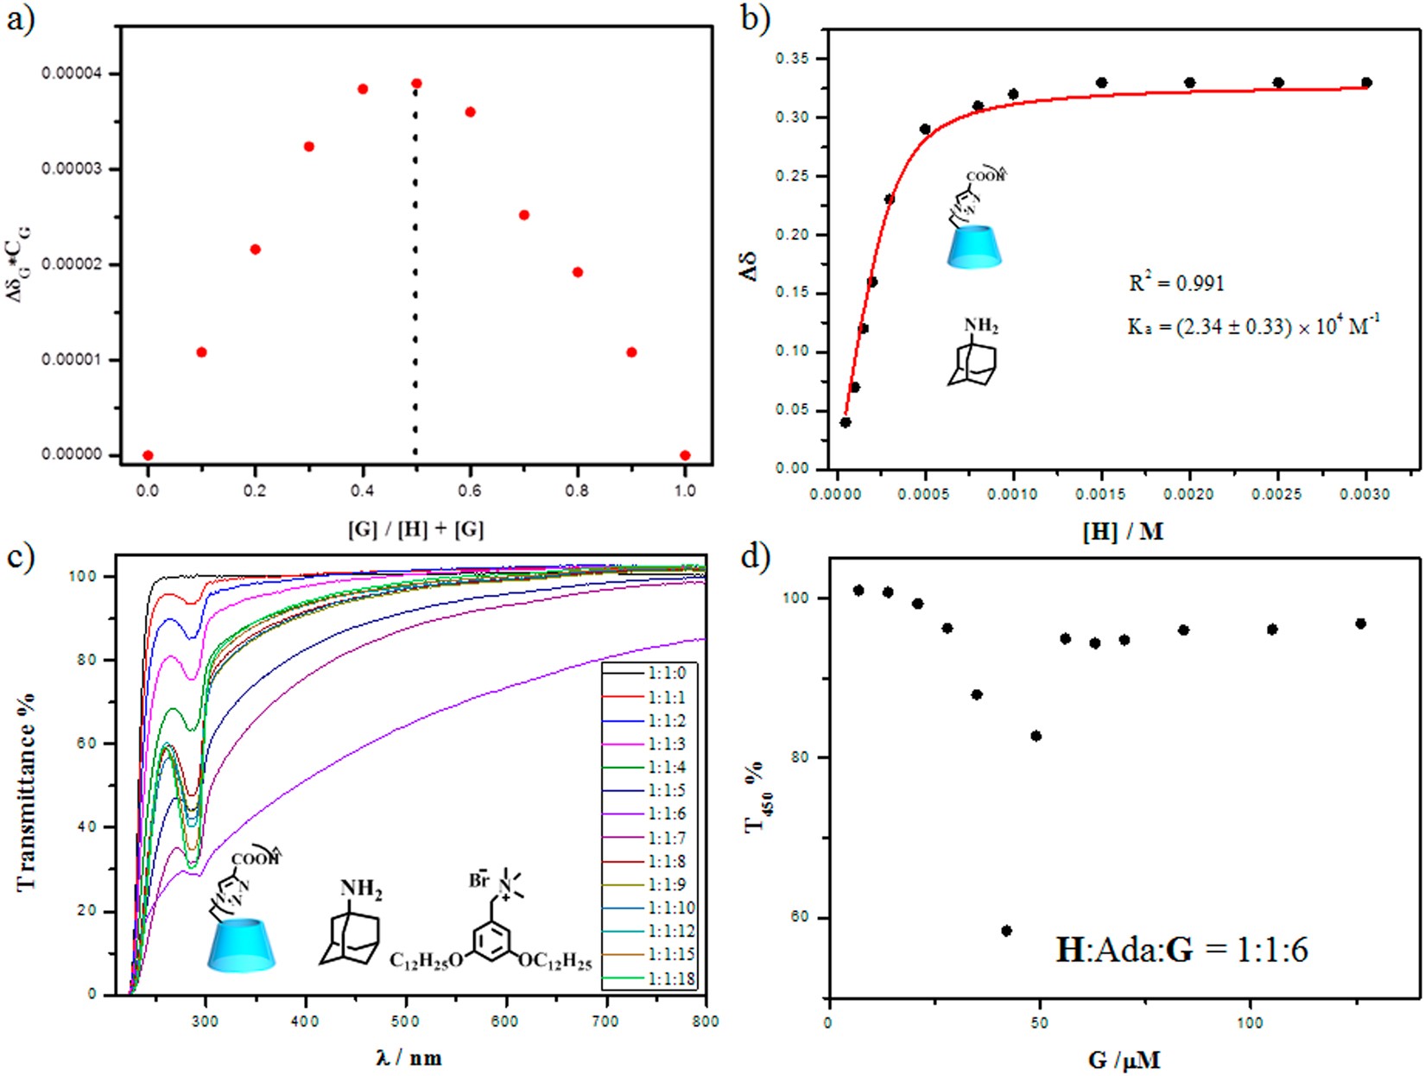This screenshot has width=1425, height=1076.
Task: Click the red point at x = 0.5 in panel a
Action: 416,84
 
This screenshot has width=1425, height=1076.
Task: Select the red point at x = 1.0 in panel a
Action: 685,455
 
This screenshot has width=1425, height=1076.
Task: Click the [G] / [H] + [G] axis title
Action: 415,529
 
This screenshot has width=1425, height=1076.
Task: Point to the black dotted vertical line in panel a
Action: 415,276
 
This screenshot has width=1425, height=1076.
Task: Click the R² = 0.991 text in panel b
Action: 1176,283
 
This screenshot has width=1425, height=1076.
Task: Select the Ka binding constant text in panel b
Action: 1253,326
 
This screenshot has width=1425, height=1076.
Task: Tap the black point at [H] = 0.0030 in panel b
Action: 1366,83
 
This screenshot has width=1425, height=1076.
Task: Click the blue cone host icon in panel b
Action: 974,246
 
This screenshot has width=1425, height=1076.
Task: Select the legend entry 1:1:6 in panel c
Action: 648,814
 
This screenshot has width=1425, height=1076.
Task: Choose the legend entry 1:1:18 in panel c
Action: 648,978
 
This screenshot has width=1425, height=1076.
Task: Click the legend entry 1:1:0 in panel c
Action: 648,674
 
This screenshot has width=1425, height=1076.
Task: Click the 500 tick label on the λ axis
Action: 406,1022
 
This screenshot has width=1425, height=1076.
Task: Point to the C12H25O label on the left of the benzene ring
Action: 425,961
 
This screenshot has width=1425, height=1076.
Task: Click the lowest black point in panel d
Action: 1006,931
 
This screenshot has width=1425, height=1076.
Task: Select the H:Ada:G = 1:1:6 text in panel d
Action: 1181,950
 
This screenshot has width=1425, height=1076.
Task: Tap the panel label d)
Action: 755,556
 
